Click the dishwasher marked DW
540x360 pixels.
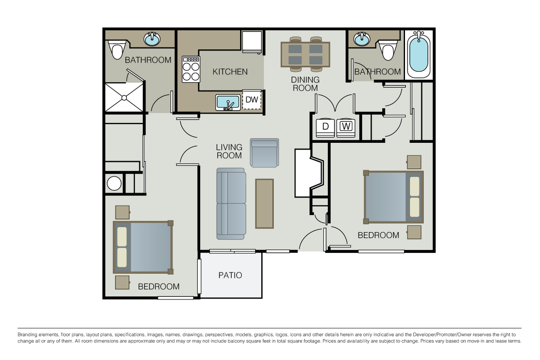tap(252, 100)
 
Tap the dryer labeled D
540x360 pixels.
tap(325, 127)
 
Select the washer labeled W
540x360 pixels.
tap(346, 127)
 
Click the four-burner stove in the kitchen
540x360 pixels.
tap(191, 70)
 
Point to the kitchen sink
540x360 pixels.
tap(227, 103)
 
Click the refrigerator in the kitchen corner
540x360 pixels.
tap(252, 42)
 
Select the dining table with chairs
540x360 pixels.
tap(305, 54)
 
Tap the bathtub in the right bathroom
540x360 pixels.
tap(418, 54)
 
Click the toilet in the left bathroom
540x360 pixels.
tap(117, 50)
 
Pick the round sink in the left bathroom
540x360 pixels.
tap(152, 39)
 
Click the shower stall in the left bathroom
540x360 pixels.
tap(124, 97)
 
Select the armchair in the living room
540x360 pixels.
tap(264, 153)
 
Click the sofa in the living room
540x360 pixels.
tap(231, 203)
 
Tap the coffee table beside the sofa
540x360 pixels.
tap(264, 203)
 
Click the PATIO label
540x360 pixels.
tap(230, 276)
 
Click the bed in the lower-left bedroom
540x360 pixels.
tap(143, 247)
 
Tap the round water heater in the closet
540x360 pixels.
tap(114, 183)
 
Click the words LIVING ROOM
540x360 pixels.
tap(229, 151)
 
